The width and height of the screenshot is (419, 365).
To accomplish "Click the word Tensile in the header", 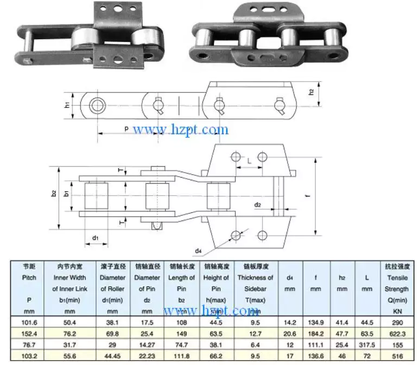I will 397,278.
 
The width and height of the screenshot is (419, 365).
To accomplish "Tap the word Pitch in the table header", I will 29,278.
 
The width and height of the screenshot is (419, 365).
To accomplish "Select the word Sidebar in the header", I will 255,289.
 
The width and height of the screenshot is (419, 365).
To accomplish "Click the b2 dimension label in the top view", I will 54,194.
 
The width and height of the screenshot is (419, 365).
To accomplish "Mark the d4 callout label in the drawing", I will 199,251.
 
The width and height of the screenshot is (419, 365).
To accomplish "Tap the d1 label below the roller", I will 95,238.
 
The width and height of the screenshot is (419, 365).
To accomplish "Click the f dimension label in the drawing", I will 308,198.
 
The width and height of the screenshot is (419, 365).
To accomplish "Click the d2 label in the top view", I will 258,205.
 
